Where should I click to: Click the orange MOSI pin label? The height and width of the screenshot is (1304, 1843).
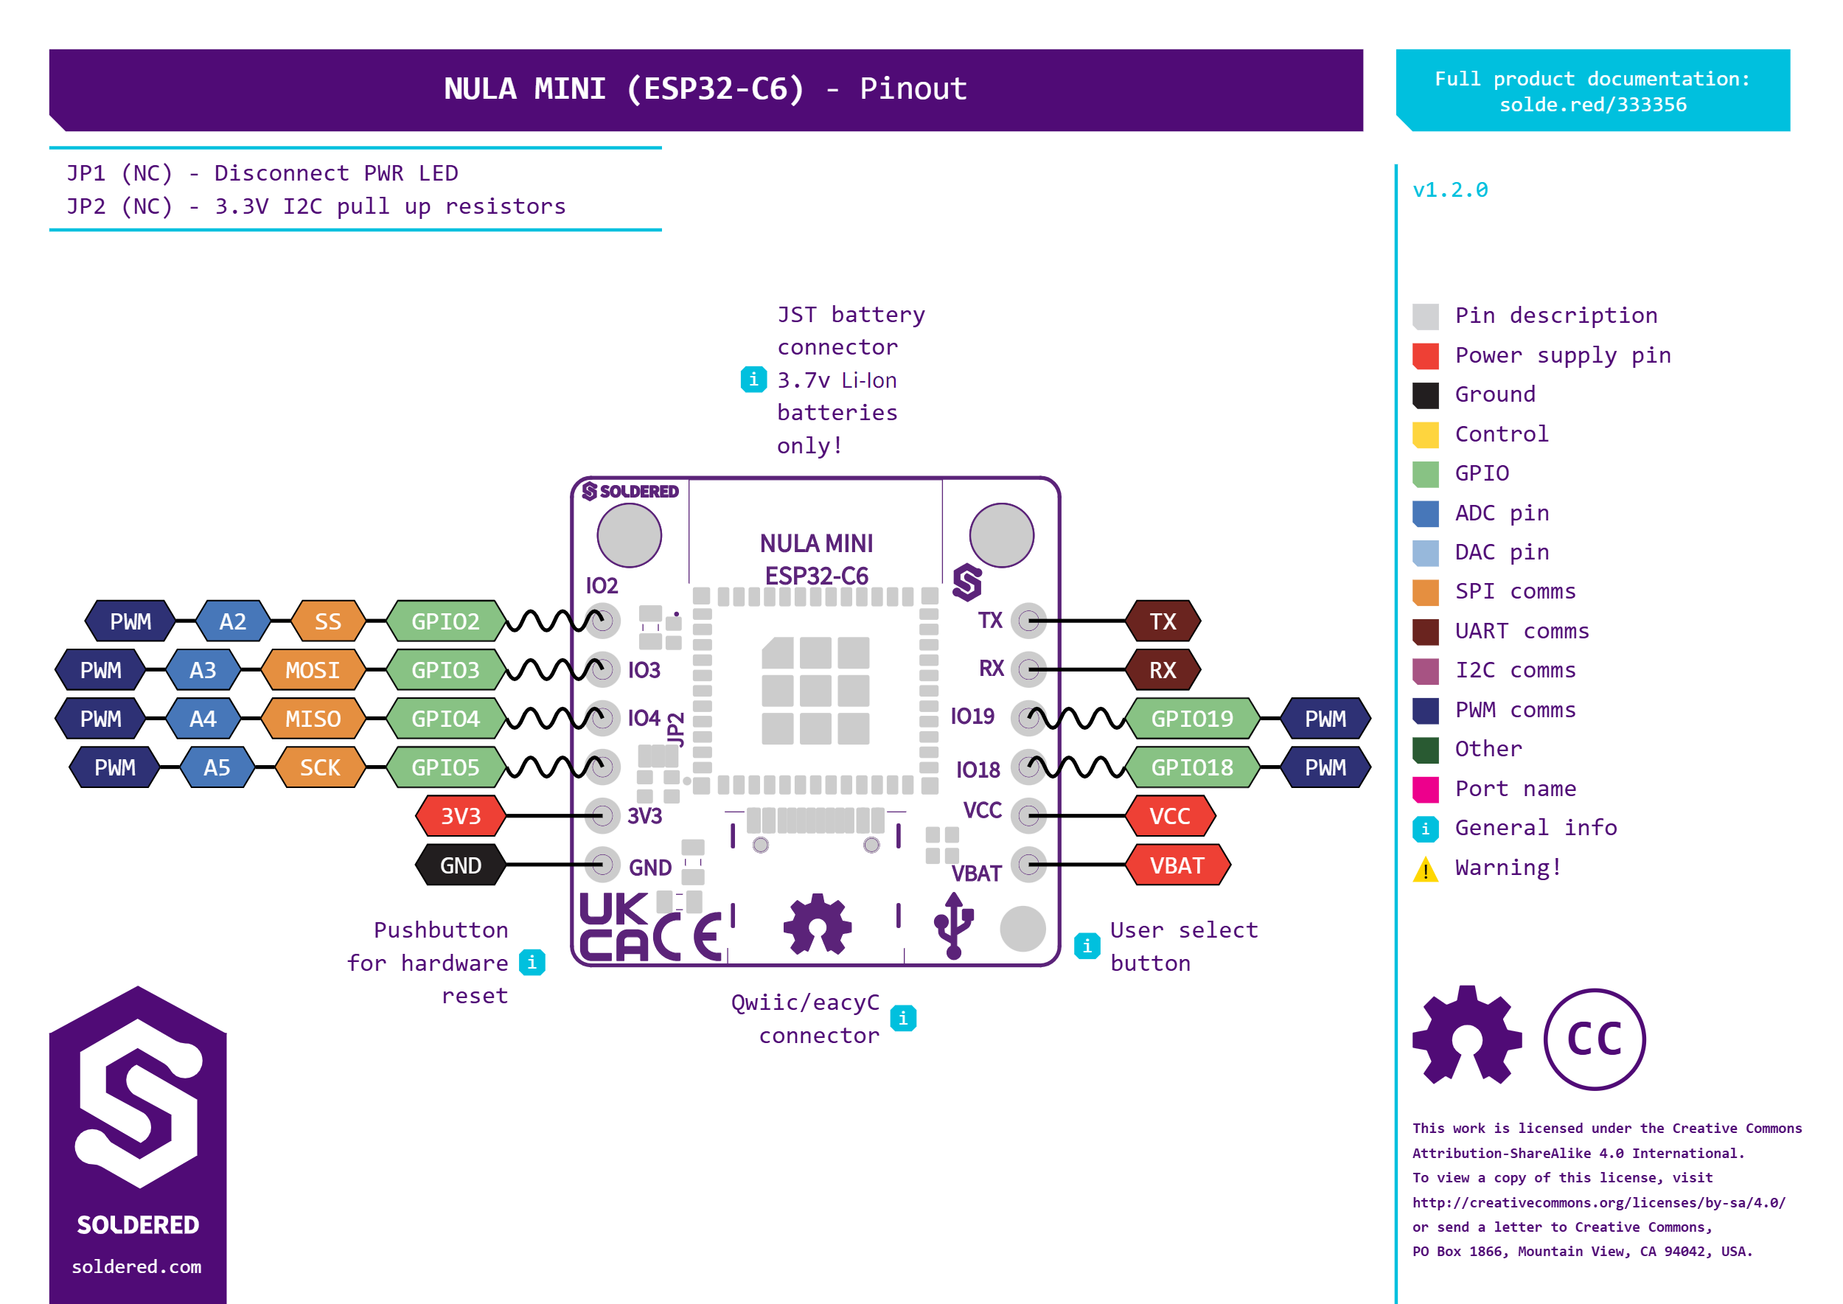pos(313,669)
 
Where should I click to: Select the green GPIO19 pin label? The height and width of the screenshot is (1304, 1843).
pos(1192,719)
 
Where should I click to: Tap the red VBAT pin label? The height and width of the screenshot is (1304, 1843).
pos(1177,865)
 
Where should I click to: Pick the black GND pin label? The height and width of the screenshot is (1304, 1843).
pos(460,865)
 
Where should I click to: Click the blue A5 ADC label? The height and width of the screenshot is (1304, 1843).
pos(217,767)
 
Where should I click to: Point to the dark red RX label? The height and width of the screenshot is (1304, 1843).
pos(1162,669)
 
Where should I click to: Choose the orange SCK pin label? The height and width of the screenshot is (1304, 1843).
pos(320,767)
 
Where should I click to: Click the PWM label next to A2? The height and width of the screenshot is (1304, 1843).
pos(130,621)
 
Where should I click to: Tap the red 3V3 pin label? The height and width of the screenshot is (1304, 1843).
pos(460,816)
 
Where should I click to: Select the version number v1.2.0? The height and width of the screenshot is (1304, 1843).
pos(1449,190)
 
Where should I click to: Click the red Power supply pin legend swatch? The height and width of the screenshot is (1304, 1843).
pos(1426,356)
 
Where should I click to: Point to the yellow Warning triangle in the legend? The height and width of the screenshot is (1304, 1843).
pos(1426,869)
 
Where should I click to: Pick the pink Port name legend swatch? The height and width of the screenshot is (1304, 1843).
pos(1426,789)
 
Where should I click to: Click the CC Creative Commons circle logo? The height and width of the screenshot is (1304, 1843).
pos(1594,1039)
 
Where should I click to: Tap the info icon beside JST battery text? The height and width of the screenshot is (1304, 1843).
pos(753,379)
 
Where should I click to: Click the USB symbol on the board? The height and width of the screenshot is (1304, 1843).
pos(953,926)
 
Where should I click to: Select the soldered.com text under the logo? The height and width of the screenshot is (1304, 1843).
pos(136,1266)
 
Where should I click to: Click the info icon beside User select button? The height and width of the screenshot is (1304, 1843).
pos(1087,946)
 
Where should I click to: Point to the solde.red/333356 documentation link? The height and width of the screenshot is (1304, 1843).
pos(1592,105)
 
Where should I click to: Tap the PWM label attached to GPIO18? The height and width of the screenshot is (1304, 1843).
pos(1325,767)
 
